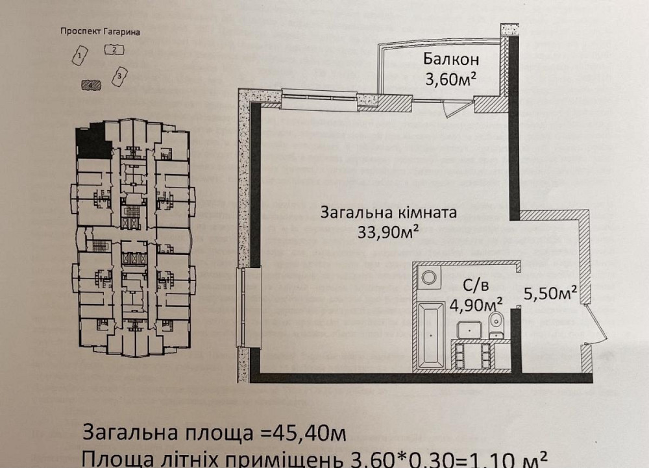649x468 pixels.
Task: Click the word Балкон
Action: click(452, 60)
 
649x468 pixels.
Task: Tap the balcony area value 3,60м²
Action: click(452, 80)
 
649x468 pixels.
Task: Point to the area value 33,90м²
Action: click(387, 232)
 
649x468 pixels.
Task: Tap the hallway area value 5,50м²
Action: click(550, 293)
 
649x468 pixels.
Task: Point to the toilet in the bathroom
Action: click(496, 321)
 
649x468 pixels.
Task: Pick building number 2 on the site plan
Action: click(114, 49)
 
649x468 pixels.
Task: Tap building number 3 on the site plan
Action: click(119, 77)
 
